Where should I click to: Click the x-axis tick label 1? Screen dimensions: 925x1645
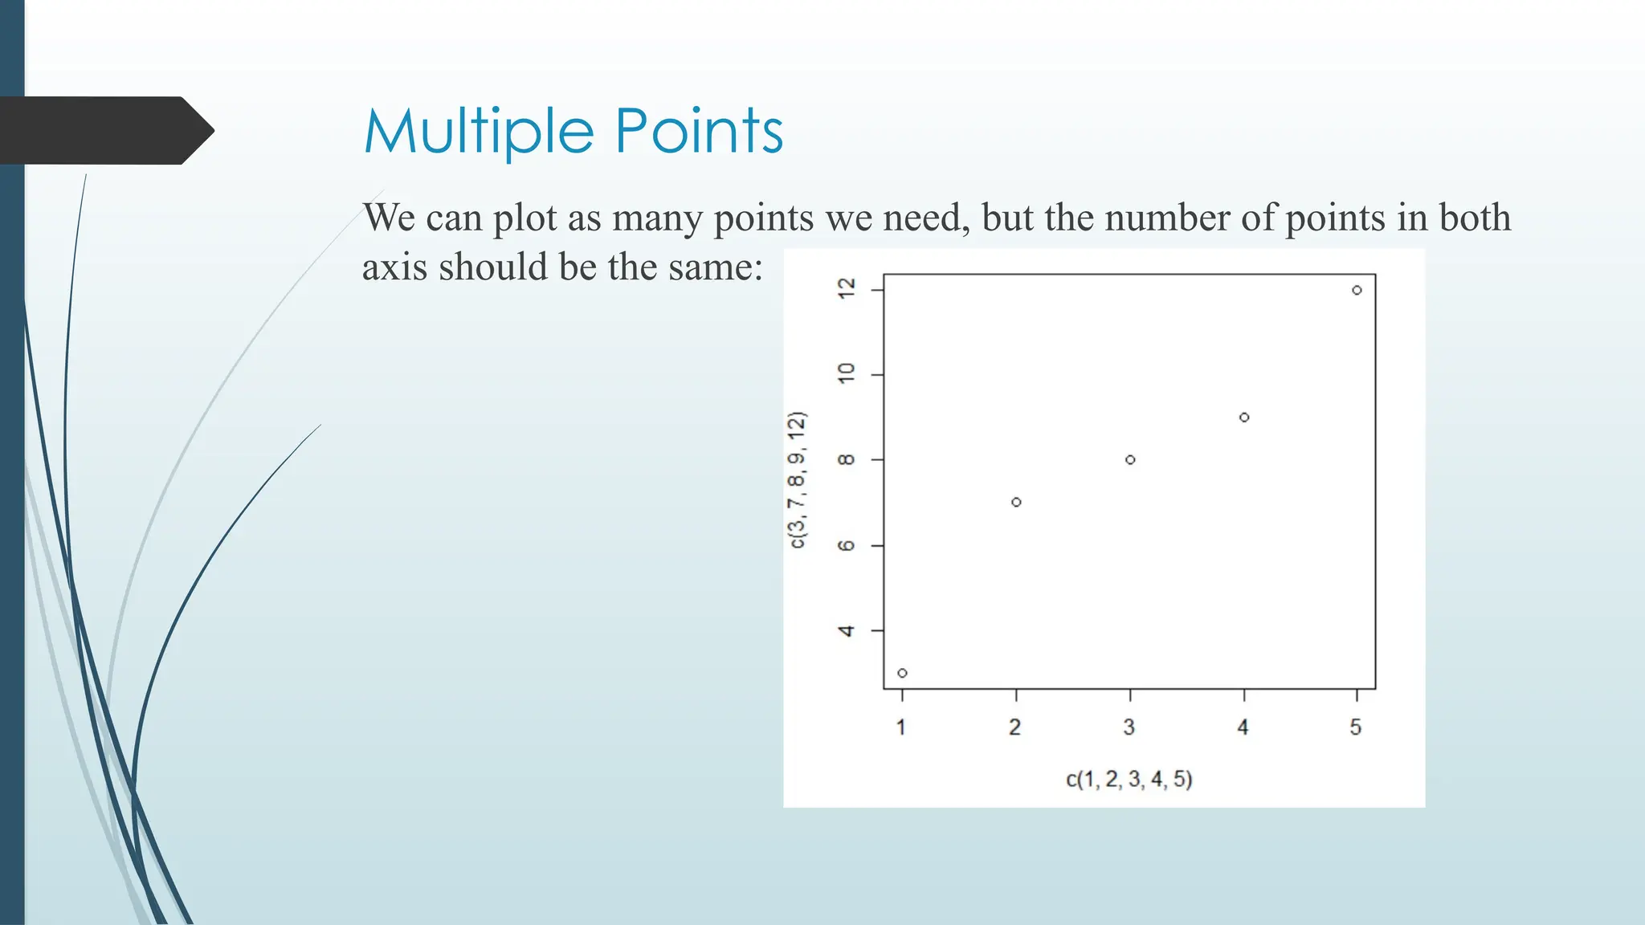(901, 727)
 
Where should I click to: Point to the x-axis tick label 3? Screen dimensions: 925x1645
(1129, 727)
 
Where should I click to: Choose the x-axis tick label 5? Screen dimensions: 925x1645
(1356, 727)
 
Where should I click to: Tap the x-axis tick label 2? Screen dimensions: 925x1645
(1015, 727)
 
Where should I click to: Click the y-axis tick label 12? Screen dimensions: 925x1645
(847, 289)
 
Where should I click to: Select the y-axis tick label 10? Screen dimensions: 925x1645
(847, 373)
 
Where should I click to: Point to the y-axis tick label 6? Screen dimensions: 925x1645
(847, 546)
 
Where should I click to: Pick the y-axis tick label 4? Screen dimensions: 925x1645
(847, 631)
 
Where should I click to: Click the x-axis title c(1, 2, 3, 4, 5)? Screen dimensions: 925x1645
(1129, 779)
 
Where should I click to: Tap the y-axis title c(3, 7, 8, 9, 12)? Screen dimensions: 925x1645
(797, 480)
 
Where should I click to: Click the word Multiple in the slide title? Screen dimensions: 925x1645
(480, 132)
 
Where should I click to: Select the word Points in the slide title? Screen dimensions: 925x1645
(699, 132)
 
